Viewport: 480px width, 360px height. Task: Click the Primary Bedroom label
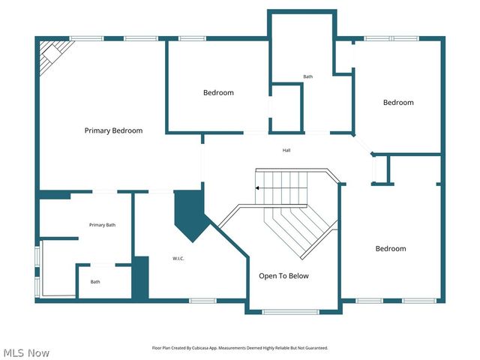click(113, 130)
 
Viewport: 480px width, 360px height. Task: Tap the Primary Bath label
click(102, 225)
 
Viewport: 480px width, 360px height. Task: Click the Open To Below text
click(283, 276)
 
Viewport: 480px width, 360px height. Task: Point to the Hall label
click(286, 151)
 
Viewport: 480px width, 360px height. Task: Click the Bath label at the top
click(308, 76)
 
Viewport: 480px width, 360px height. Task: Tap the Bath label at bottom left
click(95, 282)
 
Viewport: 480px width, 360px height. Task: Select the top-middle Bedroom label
click(218, 93)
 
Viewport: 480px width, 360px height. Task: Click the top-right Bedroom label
click(398, 103)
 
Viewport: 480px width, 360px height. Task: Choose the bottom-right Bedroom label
click(391, 249)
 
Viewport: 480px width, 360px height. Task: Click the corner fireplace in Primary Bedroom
click(53, 54)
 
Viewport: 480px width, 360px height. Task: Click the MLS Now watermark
click(26, 352)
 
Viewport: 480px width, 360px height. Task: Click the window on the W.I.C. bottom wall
click(202, 301)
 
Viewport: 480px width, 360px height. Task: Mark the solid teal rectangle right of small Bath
click(140, 277)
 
